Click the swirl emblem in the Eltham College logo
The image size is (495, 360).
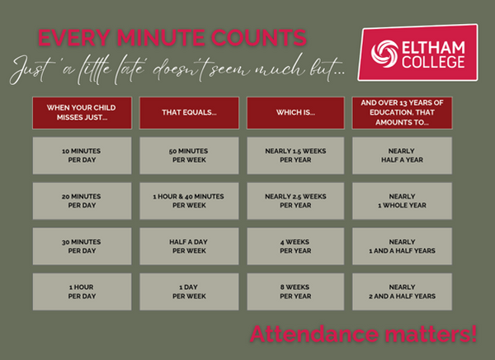point(384,54)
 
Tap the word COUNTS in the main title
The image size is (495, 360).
point(259,38)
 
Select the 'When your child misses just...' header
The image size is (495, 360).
point(82,113)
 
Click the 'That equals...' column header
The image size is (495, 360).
point(189,113)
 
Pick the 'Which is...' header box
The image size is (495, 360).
point(295,113)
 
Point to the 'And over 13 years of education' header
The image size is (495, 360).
point(403,113)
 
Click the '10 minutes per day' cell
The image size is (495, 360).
point(82,155)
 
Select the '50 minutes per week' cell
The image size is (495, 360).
point(189,155)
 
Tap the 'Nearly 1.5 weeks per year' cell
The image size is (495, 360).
point(295,155)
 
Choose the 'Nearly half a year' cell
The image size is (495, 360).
point(403,155)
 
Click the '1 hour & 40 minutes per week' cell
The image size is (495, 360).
point(189,201)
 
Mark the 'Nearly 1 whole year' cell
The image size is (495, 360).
point(403,201)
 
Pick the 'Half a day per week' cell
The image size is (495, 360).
point(189,246)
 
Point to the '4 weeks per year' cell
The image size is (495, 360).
point(295,246)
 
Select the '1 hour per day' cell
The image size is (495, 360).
point(82,291)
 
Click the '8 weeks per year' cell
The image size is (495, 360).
point(295,291)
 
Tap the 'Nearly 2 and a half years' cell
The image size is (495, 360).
point(403,291)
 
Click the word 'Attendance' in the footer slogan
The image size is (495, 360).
point(314,334)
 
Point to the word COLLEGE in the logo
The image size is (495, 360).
point(433,62)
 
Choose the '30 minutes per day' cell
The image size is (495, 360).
point(82,246)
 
